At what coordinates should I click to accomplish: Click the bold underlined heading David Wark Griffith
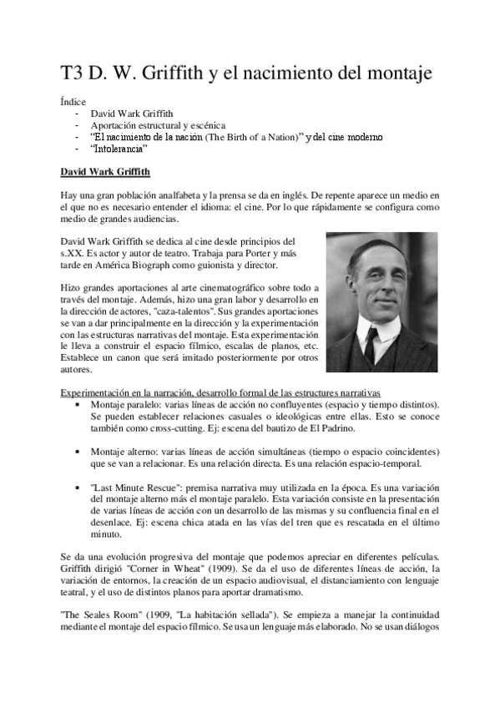106,173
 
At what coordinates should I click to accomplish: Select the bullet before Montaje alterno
78,452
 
